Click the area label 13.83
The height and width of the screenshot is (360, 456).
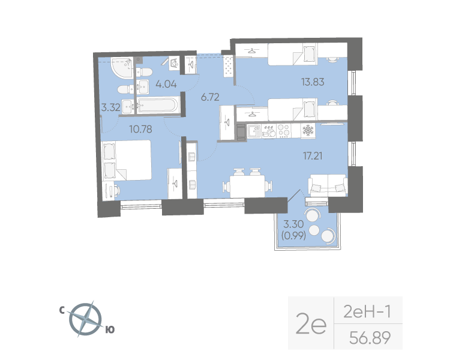tap(312, 82)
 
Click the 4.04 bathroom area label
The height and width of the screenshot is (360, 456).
tap(166, 84)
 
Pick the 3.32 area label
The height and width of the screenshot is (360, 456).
tap(111, 108)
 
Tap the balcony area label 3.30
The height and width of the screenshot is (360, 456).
tap(293, 225)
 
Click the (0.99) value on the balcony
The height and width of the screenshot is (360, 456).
tap(293, 236)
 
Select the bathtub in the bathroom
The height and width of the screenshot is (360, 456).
tap(157, 106)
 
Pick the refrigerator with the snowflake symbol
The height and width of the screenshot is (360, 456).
tap(307, 130)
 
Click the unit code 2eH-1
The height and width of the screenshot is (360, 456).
tap(365, 312)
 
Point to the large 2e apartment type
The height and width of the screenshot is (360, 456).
tap(310, 325)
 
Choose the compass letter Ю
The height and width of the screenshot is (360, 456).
tap(110, 329)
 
